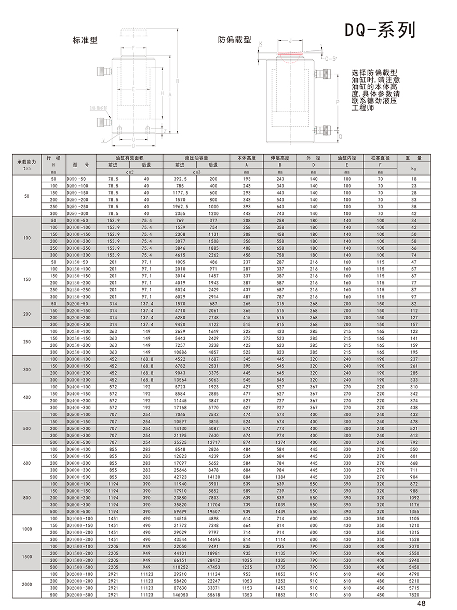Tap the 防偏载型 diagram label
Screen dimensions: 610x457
click(x=234, y=39)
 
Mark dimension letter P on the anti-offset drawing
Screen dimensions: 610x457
click(x=338, y=102)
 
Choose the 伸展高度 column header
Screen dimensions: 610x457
click(x=280, y=157)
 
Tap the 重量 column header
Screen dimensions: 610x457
click(x=414, y=157)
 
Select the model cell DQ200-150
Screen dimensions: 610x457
click(x=78, y=310)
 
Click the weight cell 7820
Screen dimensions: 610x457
click(x=414, y=594)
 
